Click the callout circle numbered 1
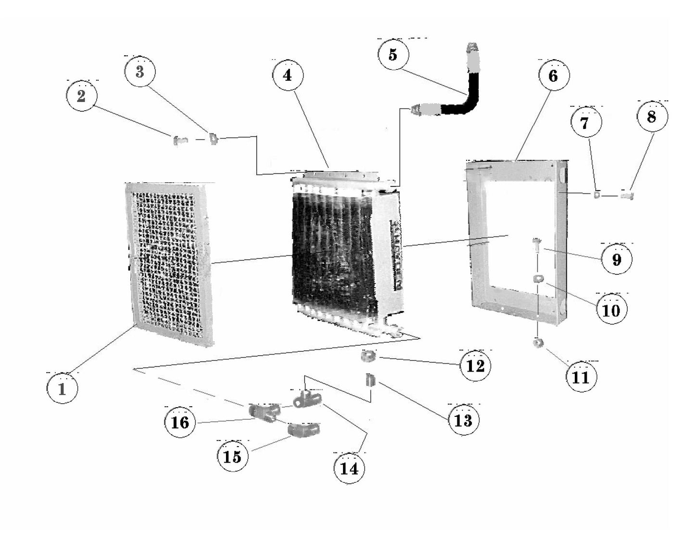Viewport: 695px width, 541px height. (63, 388)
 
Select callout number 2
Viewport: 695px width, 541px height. (81, 96)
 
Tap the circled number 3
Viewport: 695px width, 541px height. (140, 72)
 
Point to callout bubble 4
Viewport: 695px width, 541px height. (288, 76)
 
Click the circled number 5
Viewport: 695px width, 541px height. (393, 54)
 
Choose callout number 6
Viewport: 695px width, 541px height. (553, 76)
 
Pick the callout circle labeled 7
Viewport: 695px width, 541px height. (585, 123)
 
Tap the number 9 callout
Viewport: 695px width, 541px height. (617, 259)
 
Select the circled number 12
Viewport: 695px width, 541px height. (476, 366)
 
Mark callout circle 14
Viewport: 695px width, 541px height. (350, 468)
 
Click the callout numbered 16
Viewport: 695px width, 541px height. (180, 423)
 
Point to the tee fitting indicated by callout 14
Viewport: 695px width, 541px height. (306, 399)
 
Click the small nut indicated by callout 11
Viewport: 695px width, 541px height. (537, 343)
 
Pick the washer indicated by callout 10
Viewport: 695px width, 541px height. (538, 279)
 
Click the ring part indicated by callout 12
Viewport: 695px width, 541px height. (368, 357)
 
